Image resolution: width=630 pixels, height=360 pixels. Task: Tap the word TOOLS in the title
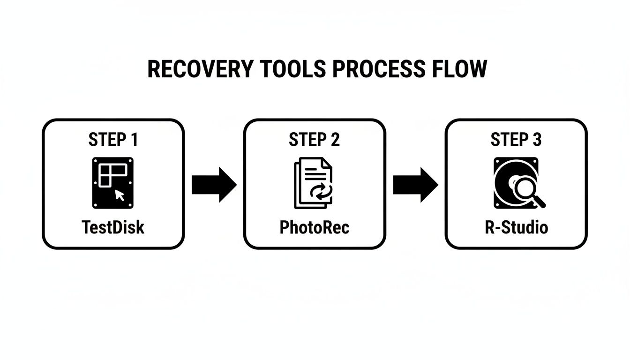[x=297, y=69]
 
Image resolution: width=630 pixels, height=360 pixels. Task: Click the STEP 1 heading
[x=113, y=140]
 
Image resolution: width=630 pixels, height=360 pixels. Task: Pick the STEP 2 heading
[x=314, y=140]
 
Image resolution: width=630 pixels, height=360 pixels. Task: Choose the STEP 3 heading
[x=516, y=140]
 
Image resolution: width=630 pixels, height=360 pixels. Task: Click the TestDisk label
[x=113, y=227]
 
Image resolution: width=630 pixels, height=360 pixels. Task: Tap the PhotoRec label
[x=314, y=227]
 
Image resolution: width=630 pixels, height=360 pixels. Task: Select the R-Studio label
[x=516, y=227]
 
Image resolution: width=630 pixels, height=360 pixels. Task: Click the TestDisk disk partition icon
[x=113, y=183]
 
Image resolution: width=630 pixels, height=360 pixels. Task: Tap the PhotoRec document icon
[x=313, y=183]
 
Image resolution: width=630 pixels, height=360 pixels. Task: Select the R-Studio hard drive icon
[x=516, y=183]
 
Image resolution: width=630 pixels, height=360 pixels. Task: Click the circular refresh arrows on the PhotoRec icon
[x=321, y=191]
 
